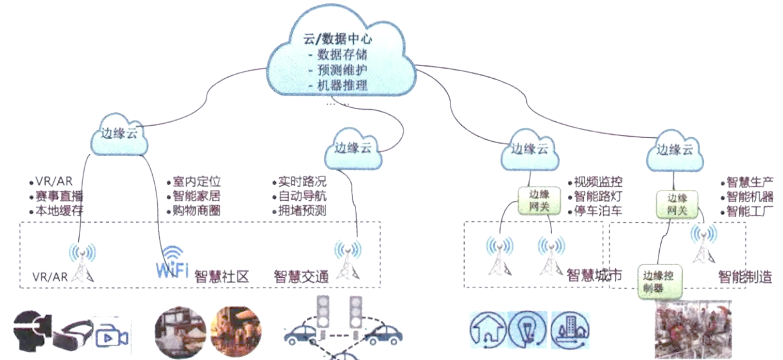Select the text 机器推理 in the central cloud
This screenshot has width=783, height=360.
(342, 84)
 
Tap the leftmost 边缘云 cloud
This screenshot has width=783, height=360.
(120, 136)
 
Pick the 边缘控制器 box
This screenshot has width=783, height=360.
(659, 280)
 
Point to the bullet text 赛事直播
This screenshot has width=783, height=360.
(59, 196)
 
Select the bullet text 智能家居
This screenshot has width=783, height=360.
(196, 196)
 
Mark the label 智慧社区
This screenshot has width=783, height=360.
(221, 277)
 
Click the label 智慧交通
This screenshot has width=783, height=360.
(301, 277)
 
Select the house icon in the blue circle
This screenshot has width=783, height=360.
(488, 330)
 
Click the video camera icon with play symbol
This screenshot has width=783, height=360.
(111, 334)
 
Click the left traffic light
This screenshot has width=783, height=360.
(325, 313)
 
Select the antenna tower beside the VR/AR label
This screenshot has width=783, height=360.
(82, 264)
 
